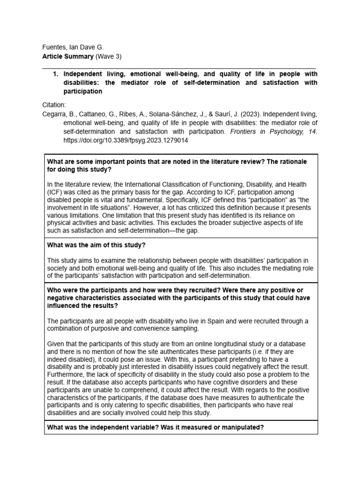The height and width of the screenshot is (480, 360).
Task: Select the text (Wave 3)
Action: [108, 56]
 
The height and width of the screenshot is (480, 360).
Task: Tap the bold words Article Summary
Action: [67, 56]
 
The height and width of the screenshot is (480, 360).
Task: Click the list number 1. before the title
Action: [56, 74]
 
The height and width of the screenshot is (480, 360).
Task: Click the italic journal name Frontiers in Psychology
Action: [265, 132]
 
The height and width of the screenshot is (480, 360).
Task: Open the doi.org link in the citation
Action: [126, 141]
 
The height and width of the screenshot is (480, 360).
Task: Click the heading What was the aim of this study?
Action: [97, 246]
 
